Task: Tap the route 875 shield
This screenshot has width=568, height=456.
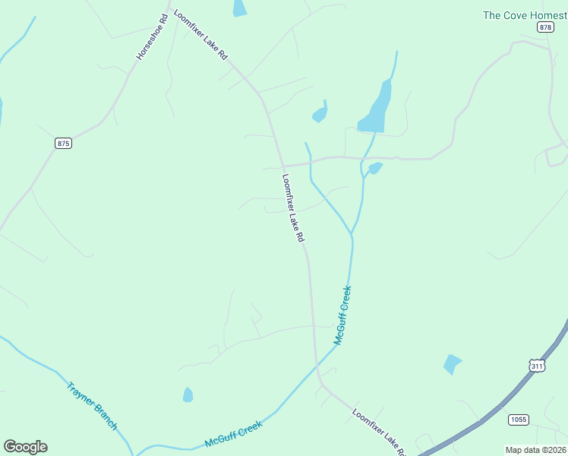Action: pos(63,143)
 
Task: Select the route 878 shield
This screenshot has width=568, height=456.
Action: pos(545,27)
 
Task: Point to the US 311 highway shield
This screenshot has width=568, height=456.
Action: pos(537,366)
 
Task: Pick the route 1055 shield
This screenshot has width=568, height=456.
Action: pos(519,420)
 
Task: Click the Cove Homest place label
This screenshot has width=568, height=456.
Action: pos(525,14)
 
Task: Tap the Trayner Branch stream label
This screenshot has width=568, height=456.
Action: pos(92,405)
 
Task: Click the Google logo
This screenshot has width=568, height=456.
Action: pos(25,447)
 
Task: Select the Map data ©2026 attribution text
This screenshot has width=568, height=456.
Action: pos(535,449)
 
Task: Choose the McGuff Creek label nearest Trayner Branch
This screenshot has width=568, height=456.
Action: pos(234,435)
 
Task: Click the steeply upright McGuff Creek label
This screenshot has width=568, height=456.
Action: pos(343,315)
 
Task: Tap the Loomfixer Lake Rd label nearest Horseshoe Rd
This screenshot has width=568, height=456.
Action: pos(200,35)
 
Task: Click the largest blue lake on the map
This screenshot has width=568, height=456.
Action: pos(376,109)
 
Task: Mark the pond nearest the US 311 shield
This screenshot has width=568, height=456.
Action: pos(452,364)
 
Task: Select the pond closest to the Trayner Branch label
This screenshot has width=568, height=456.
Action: pos(188,394)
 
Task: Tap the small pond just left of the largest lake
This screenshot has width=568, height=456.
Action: pos(320,114)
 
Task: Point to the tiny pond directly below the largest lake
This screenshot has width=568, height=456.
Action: pos(374,167)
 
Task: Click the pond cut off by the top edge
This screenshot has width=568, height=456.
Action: pos(239,8)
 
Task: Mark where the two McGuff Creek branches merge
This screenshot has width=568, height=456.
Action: pos(352,233)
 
